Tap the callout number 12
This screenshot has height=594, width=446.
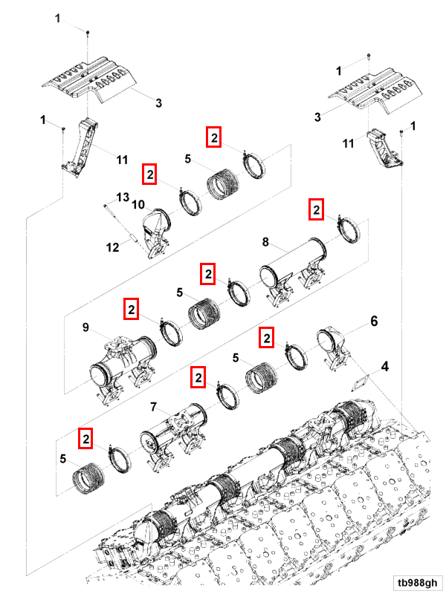(112, 247)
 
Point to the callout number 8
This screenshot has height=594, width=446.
(265, 241)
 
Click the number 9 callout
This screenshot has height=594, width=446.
(85, 327)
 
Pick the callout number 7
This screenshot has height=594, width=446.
(154, 407)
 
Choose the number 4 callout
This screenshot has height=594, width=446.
(384, 366)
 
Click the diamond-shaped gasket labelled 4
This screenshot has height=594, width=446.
(361, 381)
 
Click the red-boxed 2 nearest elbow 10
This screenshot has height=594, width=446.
(150, 174)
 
